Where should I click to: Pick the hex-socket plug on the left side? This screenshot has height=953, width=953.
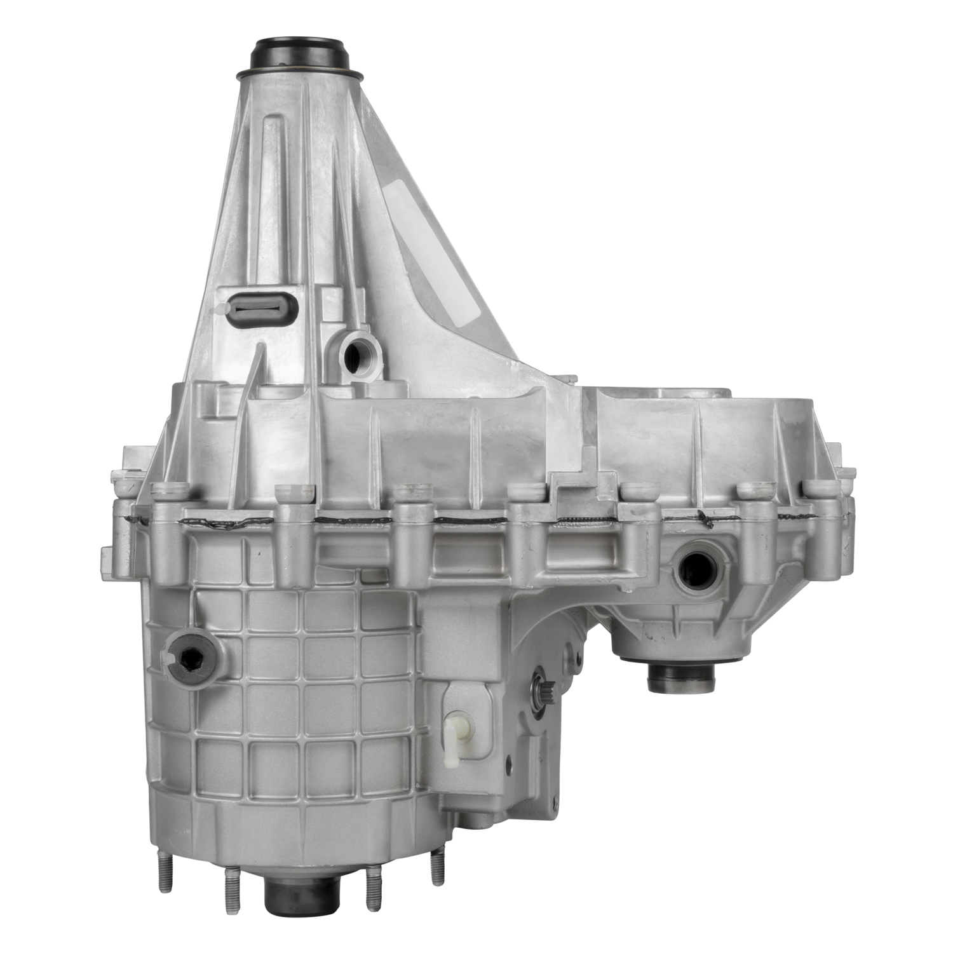[x=192, y=661]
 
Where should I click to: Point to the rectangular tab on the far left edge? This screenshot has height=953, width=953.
[x=107, y=563]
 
